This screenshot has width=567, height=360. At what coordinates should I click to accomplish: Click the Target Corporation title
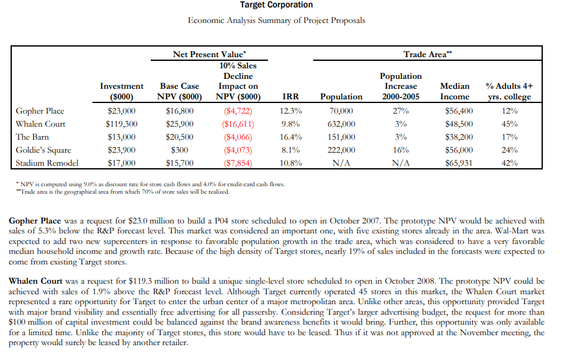click(x=277, y=5)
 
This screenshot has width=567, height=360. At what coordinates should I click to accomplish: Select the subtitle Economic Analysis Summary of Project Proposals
click(x=277, y=20)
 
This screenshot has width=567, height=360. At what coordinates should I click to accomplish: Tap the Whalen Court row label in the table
click(x=40, y=124)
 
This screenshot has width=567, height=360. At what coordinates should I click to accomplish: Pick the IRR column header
click(x=291, y=97)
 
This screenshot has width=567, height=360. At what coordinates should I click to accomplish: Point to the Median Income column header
click(x=455, y=91)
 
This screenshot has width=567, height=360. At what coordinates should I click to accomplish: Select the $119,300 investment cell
click(x=122, y=124)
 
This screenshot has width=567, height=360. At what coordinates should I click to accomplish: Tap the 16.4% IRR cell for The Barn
click(x=291, y=137)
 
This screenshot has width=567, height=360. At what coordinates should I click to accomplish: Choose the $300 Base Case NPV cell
click(x=181, y=150)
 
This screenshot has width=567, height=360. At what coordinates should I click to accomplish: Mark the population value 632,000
click(x=341, y=124)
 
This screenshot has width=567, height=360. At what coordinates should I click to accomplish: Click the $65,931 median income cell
click(x=458, y=163)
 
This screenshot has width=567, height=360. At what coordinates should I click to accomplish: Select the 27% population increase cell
click(x=401, y=111)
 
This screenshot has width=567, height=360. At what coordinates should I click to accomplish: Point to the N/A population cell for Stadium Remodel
click(x=341, y=163)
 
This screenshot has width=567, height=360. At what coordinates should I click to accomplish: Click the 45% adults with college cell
click(x=509, y=124)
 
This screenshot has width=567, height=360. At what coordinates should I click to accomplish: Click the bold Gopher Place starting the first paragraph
click(x=35, y=221)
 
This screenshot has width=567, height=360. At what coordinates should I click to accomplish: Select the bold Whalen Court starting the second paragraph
click(x=35, y=281)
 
